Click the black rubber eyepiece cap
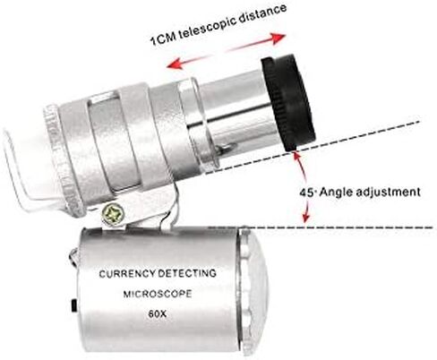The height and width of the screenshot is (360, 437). pos(287,102)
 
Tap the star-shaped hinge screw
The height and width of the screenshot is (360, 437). pos(113,214)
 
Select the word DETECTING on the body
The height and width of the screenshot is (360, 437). pos(187,273)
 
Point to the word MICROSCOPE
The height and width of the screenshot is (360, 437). pos(158,294)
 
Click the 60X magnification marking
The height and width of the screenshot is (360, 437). pos(158,314)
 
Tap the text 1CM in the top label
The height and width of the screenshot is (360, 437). pos(164,38)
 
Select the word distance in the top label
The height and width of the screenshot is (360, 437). pos(263,13)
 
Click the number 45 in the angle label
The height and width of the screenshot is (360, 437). pos(306,193)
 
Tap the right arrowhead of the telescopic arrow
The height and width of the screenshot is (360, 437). pos(278,39)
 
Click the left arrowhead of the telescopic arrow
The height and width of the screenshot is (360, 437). pos(175,64)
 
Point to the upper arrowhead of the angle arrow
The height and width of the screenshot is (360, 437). pos(296,156)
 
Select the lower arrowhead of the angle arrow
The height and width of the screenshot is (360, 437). pos(305,218)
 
